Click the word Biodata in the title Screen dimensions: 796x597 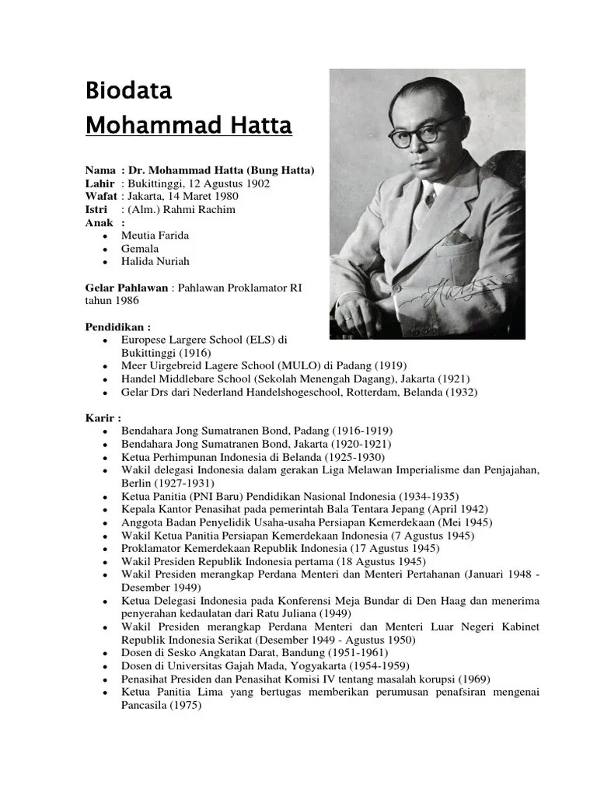[x=128, y=92]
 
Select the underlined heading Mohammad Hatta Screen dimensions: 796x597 [x=188, y=125]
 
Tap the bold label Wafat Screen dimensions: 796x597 [x=101, y=197]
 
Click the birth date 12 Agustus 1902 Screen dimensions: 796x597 [x=221, y=183]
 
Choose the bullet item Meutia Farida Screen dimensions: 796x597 [x=155, y=235]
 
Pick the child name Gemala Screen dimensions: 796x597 [x=140, y=248]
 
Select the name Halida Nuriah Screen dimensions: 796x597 [x=155, y=261]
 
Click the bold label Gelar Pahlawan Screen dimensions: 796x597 [x=126, y=288]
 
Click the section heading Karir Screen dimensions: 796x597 [x=103, y=418]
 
